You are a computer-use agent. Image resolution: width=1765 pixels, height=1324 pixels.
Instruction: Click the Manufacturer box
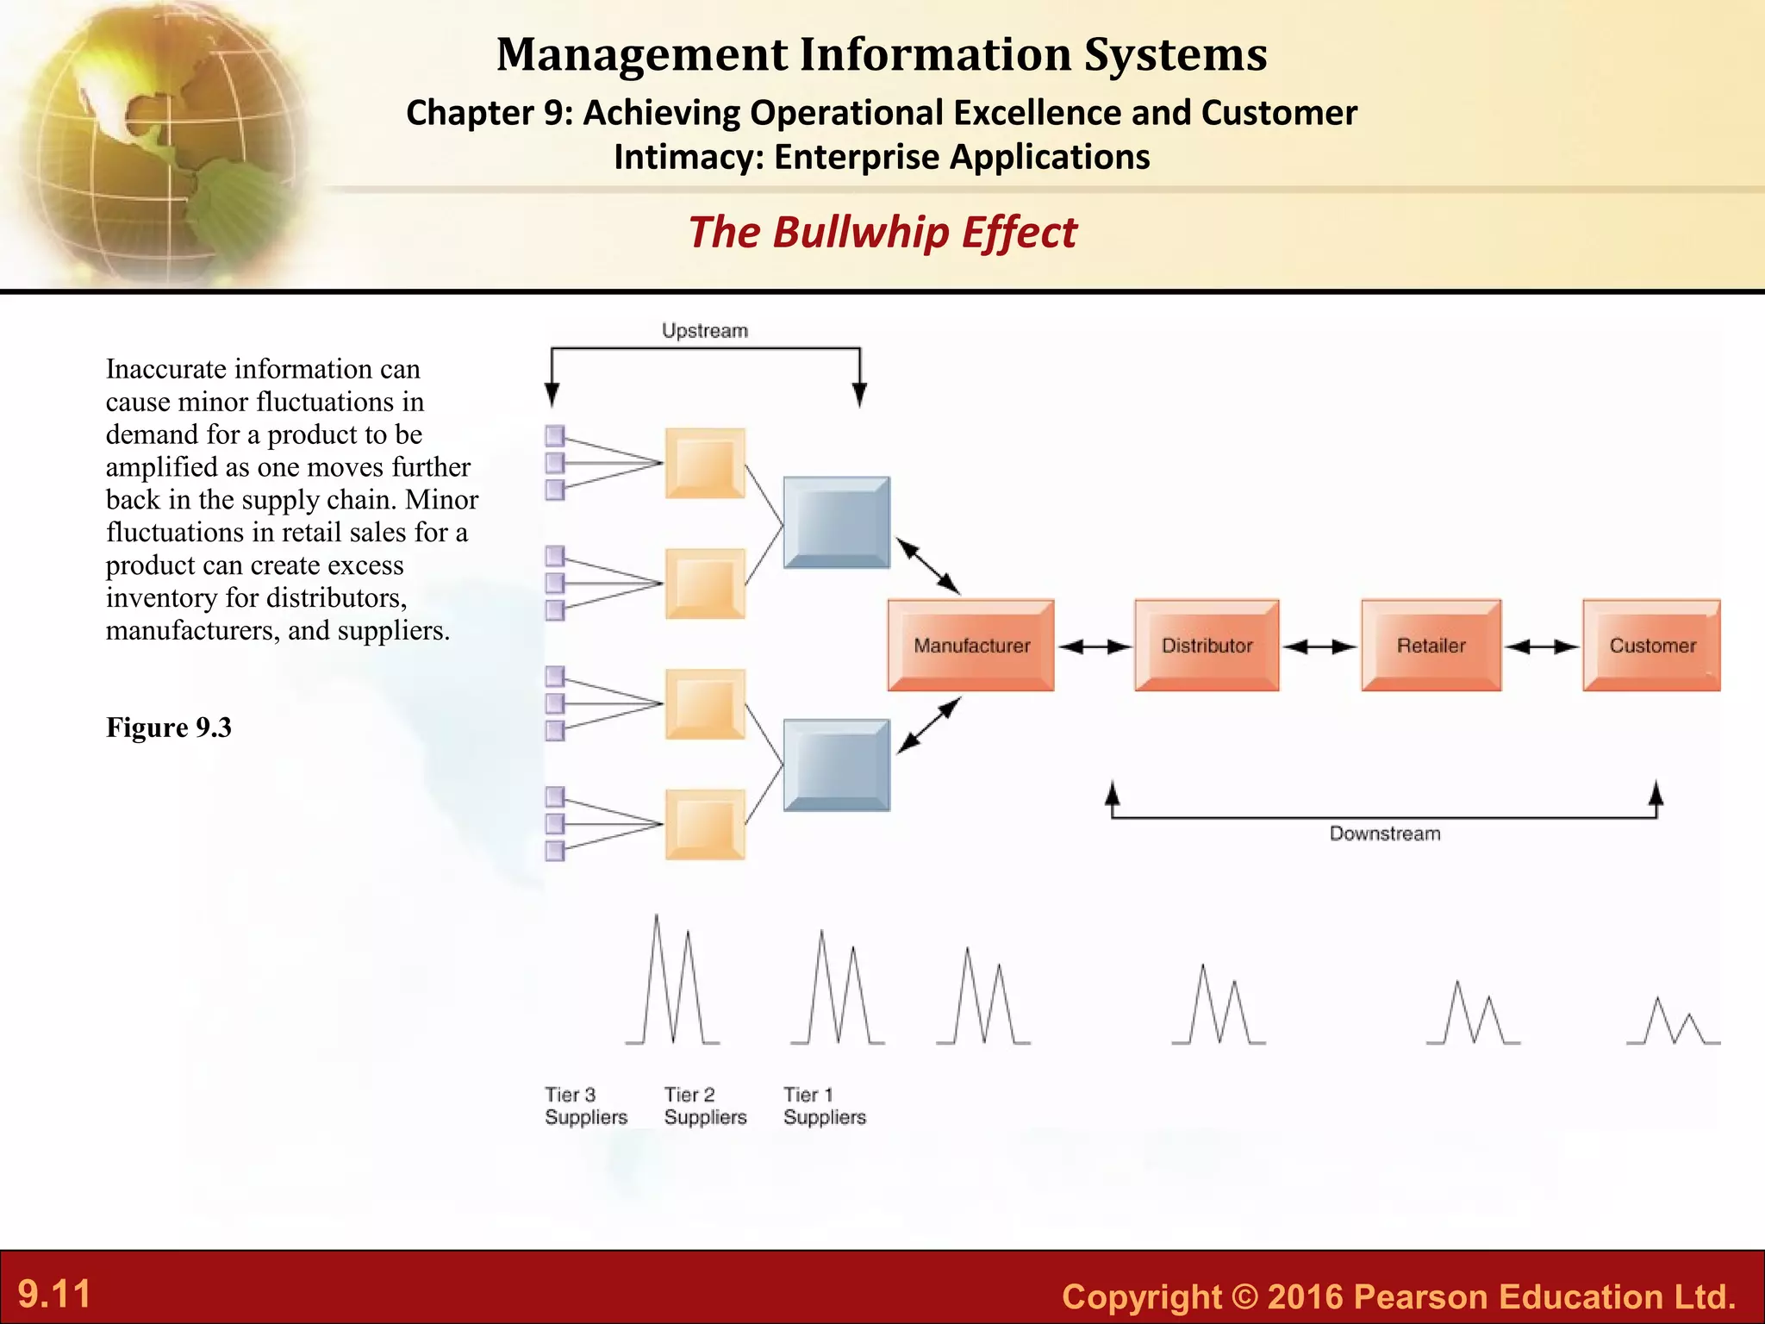point(970,645)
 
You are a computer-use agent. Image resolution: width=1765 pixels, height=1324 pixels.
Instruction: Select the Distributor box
point(1206,645)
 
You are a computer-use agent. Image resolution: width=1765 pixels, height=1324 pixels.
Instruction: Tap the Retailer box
point(1431,645)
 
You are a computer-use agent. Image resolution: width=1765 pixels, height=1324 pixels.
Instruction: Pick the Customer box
point(1651,645)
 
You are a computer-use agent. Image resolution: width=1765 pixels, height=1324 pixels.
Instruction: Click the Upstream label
point(704,331)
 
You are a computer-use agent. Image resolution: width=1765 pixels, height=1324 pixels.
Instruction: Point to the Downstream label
point(1384,834)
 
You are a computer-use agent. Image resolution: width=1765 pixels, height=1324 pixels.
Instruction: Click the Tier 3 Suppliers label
point(586,1106)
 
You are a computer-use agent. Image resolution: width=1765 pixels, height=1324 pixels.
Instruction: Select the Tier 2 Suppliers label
point(705,1106)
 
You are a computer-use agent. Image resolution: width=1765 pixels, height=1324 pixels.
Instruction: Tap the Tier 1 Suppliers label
point(824,1106)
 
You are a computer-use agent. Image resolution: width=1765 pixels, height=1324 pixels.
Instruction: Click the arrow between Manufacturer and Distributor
point(1095,646)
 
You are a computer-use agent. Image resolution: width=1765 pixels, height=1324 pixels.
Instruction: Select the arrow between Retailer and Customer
point(1542,646)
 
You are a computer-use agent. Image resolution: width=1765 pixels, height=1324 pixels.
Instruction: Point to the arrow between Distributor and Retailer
point(1319,646)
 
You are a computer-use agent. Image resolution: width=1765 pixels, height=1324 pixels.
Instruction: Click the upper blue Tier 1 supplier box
point(836,522)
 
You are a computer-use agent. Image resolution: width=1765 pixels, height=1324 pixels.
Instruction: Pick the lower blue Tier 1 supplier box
point(836,765)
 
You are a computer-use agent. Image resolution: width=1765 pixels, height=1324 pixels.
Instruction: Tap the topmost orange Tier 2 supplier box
point(705,463)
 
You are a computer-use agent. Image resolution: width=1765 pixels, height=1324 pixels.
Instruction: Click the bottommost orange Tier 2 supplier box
point(705,824)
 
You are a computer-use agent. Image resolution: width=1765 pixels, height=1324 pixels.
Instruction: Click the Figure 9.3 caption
point(169,728)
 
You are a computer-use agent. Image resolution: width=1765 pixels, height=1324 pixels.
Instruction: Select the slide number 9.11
point(54,1294)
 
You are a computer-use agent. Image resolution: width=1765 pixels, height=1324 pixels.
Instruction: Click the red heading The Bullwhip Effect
point(882,233)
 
